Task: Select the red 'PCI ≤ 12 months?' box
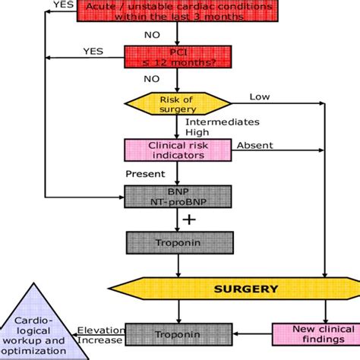(x=177, y=58)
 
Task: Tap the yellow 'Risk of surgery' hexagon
(x=177, y=103)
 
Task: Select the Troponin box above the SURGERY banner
(x=177, y=242)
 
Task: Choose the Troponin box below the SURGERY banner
(x=177, y=333)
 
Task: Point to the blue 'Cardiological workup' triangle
(x=37, y=327)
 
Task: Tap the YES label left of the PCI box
(x=93, y=52)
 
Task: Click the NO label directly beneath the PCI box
(x=152, y=77)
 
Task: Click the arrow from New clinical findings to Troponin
(x=250, y=333)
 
